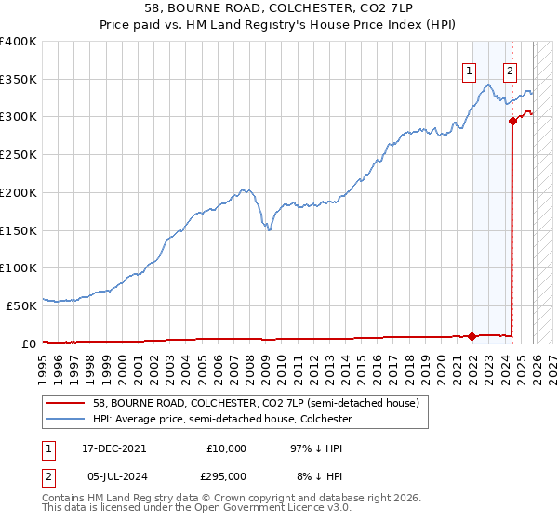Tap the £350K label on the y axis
click(x=19, y=79)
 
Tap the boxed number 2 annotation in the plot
click(x=511, y=69)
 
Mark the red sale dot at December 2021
click(x=472, y=336)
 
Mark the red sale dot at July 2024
click(x=512, y=120)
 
